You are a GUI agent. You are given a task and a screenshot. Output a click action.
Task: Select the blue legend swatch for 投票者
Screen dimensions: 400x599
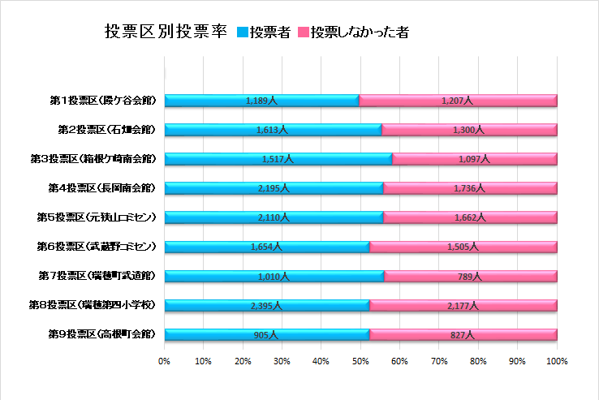[242, 32]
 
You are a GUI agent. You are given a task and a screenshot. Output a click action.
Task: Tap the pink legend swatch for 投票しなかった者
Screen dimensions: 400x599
[304, 32]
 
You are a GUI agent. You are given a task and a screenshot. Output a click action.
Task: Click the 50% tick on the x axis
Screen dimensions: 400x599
[360, 360]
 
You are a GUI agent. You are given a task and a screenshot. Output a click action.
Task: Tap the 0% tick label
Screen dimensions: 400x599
[164, 360]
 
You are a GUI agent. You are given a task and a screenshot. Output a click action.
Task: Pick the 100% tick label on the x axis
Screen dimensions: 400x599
[557, 360]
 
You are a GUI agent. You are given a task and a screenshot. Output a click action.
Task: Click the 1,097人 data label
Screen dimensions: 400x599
[472, 159]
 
